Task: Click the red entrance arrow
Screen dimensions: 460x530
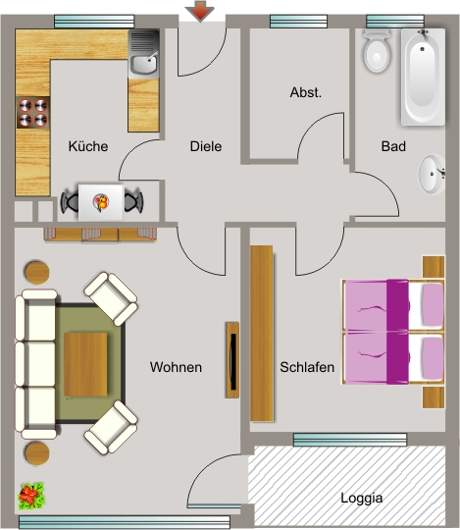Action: coord(200,11)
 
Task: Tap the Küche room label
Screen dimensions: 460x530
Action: coord(88,146)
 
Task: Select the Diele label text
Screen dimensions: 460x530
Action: coord(206,146)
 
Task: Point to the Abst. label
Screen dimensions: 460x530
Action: coord(306,92)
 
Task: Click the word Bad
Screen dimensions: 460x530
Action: coord(393,146)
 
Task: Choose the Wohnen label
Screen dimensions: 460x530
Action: coord(176,367)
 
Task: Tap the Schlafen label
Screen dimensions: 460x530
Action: coord(307,367)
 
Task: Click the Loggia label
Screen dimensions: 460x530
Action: coord(361,498)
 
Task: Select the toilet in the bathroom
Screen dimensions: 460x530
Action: coord(377,51)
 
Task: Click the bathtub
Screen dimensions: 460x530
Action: coord(423,78)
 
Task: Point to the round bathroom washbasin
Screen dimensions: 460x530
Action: coord(432,175)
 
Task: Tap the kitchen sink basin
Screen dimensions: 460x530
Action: coord(144,65)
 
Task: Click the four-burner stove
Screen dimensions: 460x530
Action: coord(33,113)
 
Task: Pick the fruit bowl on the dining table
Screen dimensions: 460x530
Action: coord(101,202)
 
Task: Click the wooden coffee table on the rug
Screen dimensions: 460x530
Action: coord(85,364)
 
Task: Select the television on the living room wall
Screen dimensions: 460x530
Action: coord(232,360)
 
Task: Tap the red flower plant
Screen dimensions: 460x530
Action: coord(31,497)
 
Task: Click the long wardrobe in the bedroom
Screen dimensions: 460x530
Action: coord(262,334)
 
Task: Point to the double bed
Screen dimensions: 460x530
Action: coord(393,332)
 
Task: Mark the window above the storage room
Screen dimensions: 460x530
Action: coord(299,22)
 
